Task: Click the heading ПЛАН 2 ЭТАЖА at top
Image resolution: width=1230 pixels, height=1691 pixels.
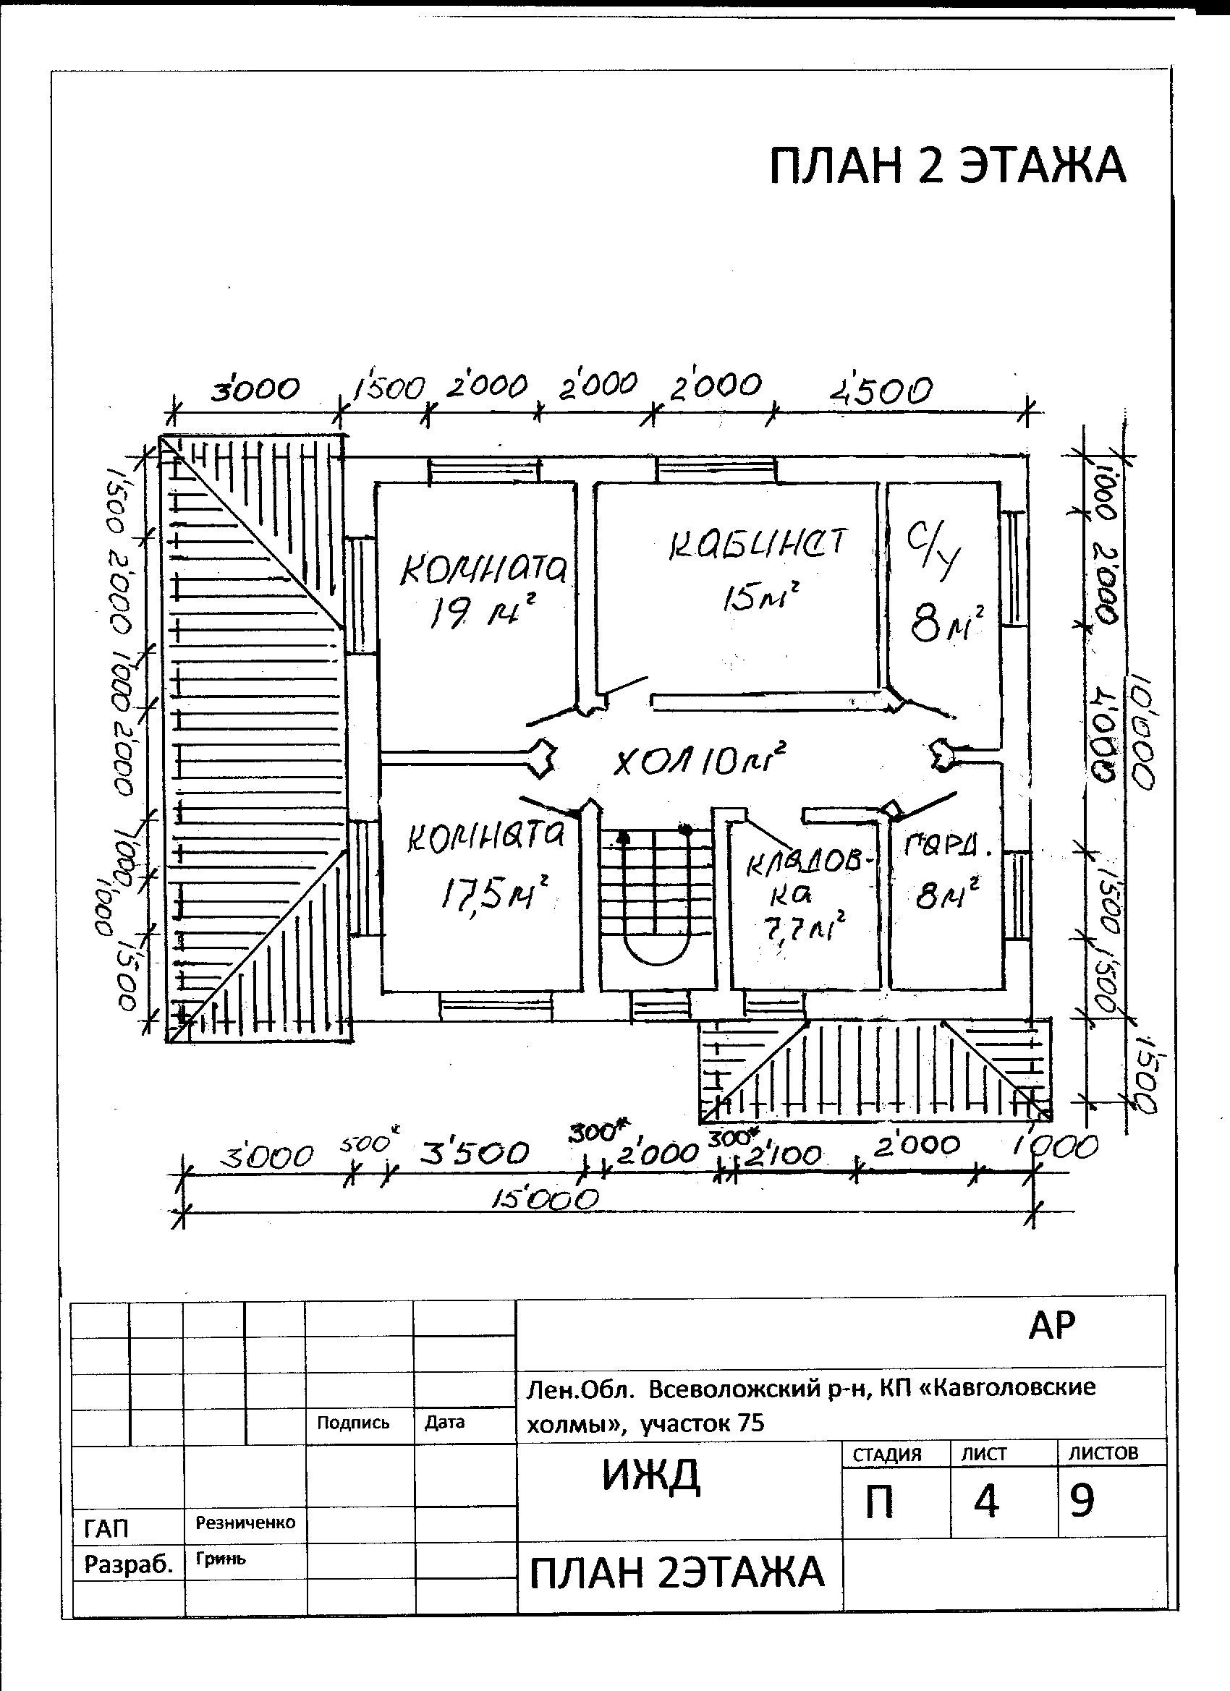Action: click(946, 166)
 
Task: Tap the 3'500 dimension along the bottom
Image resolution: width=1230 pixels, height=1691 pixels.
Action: click(475, 1154)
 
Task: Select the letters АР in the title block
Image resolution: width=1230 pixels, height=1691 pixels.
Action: click(1052, 1325)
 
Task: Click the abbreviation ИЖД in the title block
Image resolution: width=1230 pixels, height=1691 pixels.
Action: click(651, 1476)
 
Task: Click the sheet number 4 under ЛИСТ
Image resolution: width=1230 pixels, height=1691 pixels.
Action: click(986, 1502)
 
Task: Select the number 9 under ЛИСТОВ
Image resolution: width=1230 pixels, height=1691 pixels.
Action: click(1082, 1500)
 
